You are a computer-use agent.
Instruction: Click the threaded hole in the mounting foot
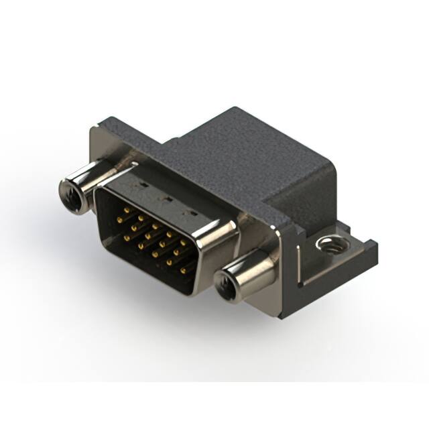[328, 243]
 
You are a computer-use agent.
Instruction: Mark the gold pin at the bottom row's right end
[182, 270]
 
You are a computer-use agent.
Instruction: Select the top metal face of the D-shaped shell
[168, 194]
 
